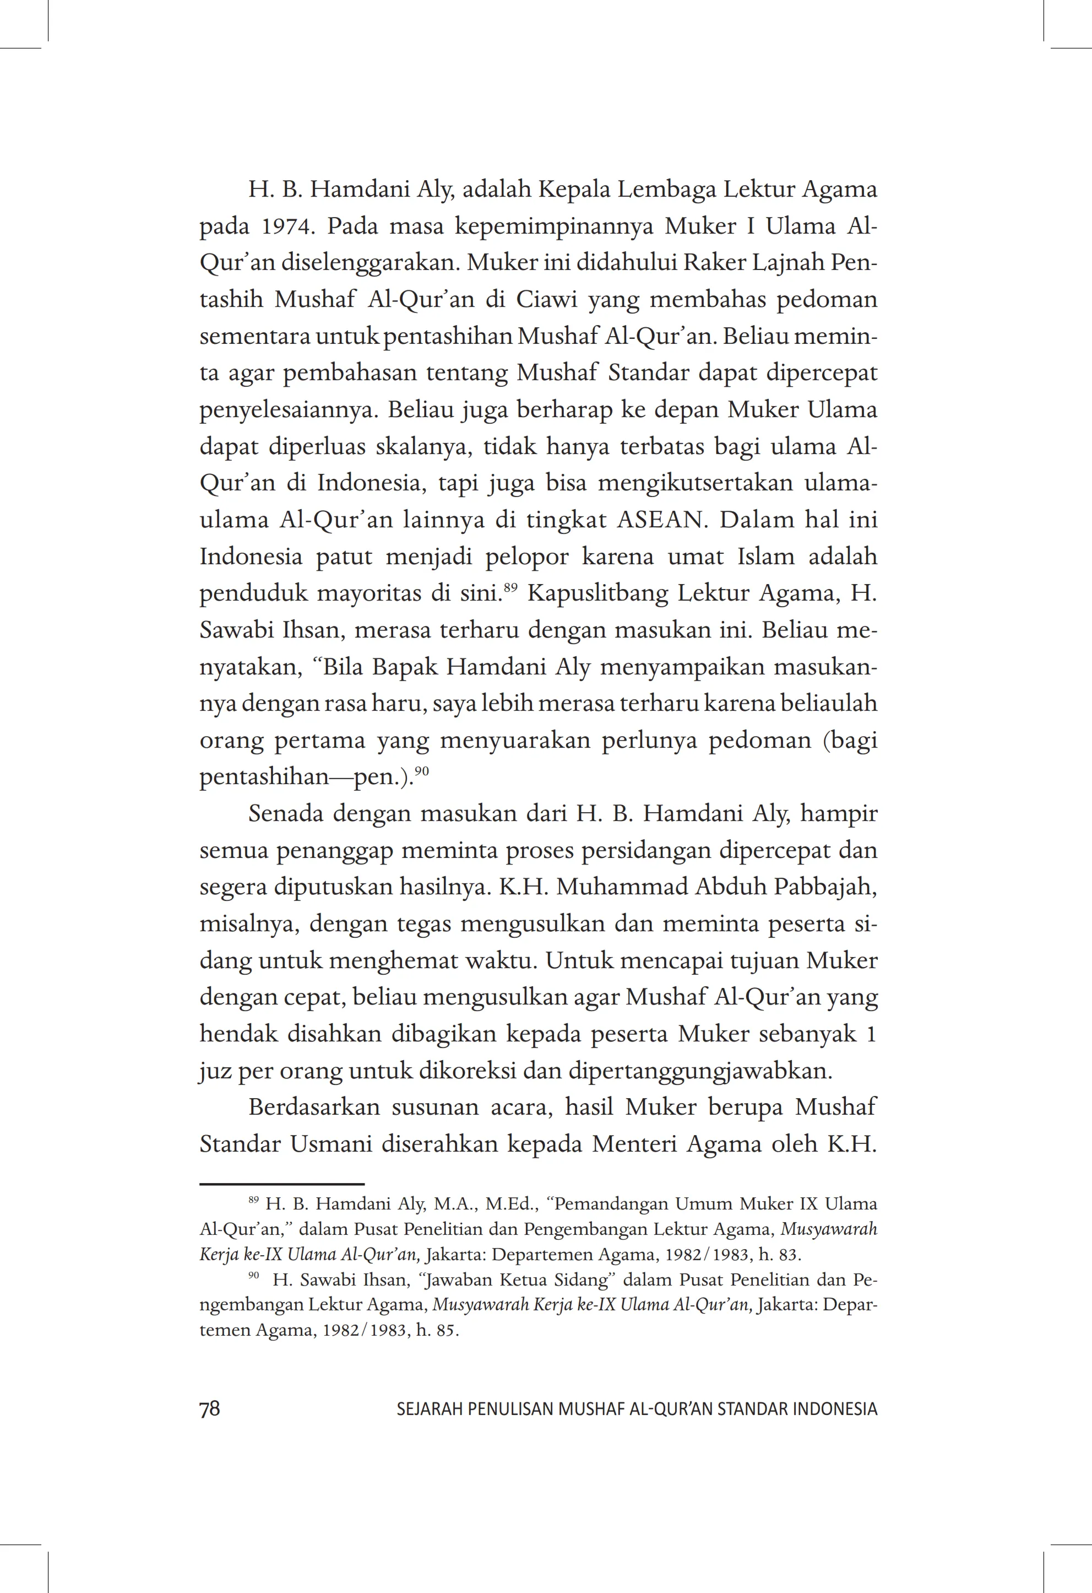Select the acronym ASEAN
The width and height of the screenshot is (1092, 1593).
pos(660,520)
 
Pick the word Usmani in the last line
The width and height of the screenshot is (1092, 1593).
pos(331,1144)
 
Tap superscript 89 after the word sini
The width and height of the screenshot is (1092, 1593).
pos(510,587)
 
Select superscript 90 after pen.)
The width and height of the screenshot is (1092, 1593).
pos(421,770)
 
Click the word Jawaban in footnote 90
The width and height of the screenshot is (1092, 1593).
pos(460,1280)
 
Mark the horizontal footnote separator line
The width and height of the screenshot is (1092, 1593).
pos(281,1183)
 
